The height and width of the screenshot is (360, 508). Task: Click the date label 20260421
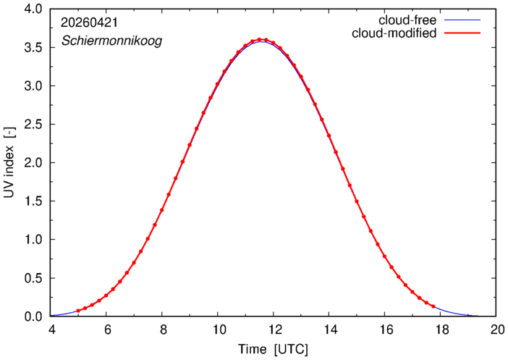[90, 22]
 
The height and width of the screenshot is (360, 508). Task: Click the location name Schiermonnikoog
[111, 41]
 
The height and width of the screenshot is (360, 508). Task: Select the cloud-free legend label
[407, 20]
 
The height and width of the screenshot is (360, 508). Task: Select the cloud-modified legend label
[394, 33]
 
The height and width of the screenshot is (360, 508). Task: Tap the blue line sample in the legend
[462, 20]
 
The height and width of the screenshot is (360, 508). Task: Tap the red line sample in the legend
[462, 33]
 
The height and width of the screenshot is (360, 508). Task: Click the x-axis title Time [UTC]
[273, 350]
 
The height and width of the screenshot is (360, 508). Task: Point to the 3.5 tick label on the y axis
[33, 48]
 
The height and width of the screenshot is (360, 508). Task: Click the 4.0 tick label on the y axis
[33, 9]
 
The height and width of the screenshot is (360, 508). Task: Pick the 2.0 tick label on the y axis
[33, 163]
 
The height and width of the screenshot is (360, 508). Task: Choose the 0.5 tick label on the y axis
[33, 278]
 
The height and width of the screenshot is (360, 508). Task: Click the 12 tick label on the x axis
[273, 330]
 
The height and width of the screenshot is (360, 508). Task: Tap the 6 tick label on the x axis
[106, 330]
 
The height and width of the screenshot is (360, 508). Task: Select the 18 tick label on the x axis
[440, 330]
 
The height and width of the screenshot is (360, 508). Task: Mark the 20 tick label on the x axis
[496, 330]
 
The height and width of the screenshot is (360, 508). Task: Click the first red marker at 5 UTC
[78, 311]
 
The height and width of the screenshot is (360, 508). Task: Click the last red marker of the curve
[433, 306]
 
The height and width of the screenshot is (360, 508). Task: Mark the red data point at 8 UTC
[161, 210]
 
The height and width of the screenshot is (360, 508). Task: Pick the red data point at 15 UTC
[357, 201]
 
